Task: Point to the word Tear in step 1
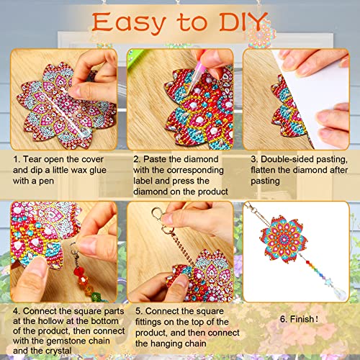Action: coord(36,158)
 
